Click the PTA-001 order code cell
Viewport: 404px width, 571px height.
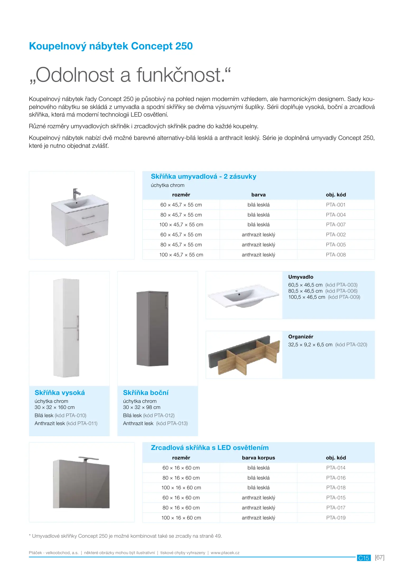[336, 205]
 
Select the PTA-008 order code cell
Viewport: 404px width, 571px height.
[336, 255]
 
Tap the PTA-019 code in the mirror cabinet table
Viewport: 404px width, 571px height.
[336, 518]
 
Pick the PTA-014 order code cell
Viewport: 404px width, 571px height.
[336, 468]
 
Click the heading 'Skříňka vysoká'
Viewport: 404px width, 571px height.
[60, 393]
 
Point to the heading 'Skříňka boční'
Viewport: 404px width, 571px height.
[146, 393]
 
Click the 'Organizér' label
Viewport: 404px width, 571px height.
[301, 337]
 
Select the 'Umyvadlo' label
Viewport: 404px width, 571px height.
[301, 277]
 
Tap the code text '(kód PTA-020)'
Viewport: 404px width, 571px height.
[351, 345]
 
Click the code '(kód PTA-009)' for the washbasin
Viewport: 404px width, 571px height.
[344, 297]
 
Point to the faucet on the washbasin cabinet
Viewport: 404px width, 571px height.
[76, 194]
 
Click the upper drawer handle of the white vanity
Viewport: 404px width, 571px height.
[88, 217]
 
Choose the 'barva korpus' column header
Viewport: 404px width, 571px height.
[258, 458]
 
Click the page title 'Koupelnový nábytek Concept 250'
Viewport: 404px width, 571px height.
[111, 46]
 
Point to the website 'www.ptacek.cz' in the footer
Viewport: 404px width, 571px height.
[225, 553]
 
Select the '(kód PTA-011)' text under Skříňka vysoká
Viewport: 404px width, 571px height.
[82, 423]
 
